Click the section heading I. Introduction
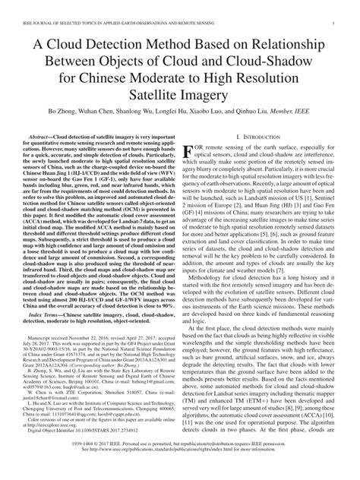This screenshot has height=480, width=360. pos(261,158)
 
